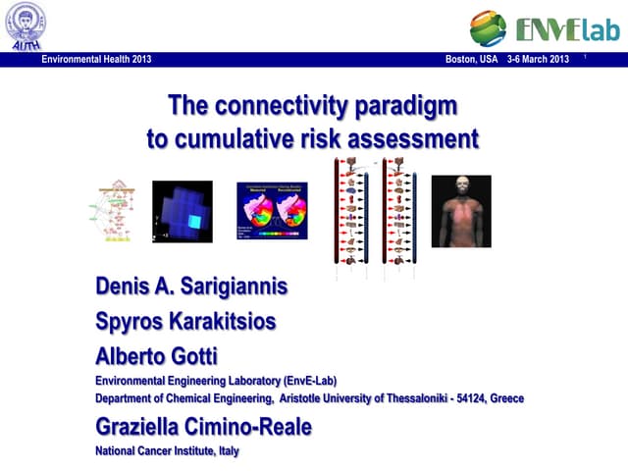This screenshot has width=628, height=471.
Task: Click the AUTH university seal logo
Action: click(25, 25)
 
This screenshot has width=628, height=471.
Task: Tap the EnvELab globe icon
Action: click(489, 28)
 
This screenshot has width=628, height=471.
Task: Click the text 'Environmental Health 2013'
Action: click(96, 60)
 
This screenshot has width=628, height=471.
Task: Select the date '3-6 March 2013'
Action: click(538, 60)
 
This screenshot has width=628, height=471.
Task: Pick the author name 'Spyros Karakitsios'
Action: click(185, 322)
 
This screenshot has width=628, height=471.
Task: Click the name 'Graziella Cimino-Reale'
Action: click(217, 427)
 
